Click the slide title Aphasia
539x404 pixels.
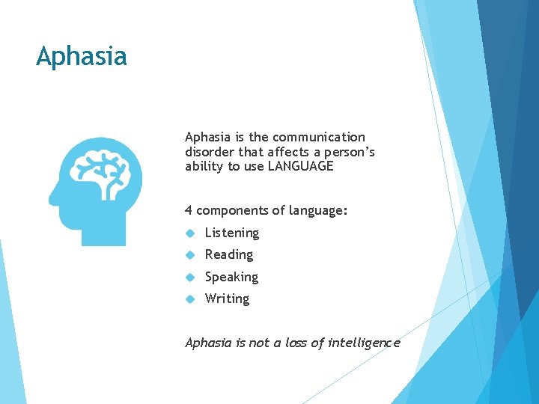(82, 57)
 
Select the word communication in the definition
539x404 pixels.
(319, 137)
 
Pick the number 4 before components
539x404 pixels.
(189, 210)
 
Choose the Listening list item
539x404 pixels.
(231, 233)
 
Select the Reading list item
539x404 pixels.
(228, 254)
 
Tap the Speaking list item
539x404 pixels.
(231, 277)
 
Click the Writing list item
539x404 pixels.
(227, 299)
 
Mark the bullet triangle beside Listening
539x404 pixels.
(191, 233)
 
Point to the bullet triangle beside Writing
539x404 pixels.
(191, 299)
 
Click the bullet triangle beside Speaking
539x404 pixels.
(191, 277)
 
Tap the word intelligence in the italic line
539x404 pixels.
(364, 343)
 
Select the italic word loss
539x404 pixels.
(293, 343)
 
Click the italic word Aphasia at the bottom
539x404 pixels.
(209, 343)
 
